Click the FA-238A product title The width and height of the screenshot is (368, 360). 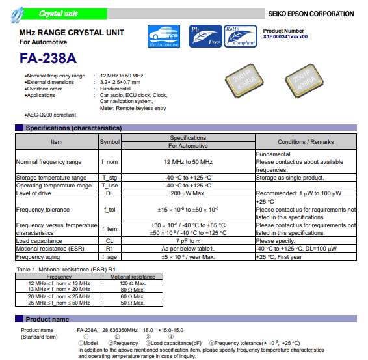click(48, 58)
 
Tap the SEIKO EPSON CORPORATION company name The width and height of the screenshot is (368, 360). click(311, 14)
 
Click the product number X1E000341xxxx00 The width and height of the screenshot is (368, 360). click(285, 37)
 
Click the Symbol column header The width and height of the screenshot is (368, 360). click(109, 141)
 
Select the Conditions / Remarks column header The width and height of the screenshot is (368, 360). click(305, 141)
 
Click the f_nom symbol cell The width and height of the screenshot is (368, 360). click(109, 161)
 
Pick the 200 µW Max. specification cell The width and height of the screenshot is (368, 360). click(188, 193)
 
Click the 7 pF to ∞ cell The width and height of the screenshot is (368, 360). click(188, 240)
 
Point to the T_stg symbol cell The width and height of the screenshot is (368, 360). click(109, 177)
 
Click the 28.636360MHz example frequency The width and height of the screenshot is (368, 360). click(120, 331)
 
